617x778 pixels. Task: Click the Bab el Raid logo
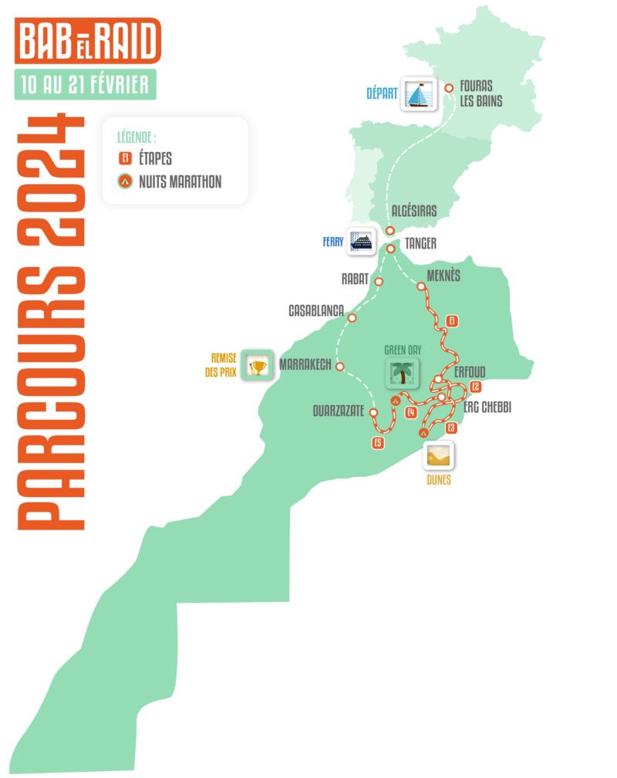tap(87, 41)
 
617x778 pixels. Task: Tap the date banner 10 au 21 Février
tap(86, 84)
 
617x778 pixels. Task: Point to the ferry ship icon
tap(360, 242)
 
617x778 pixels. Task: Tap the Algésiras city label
tap(414, 211)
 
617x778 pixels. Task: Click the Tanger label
tap(420, 244)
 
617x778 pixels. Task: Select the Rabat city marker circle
tap(379, 282)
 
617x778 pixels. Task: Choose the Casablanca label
tap(315, 310)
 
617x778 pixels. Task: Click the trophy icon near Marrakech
tap(258, 366)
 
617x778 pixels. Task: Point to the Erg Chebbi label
tap(487, 407)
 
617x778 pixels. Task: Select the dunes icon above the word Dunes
tap(438, 455)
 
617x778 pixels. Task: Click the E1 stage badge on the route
tap(453, 320)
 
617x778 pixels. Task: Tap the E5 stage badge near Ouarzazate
tap(377, 443)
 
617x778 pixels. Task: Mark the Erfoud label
tap(470, 371)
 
